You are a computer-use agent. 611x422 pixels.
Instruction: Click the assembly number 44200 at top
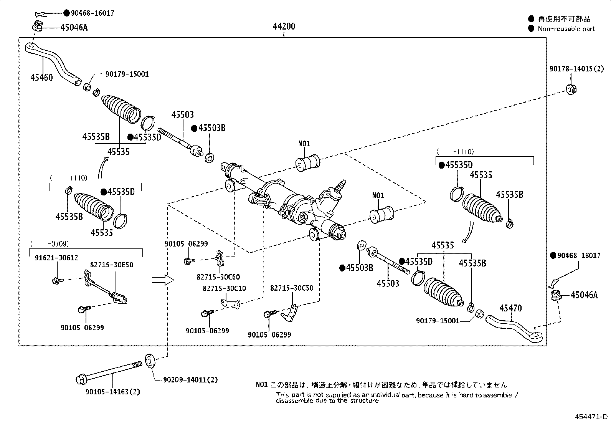pyautogui.click(x=284, y=26)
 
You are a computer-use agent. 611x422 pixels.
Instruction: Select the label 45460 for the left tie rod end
pyautogui.click(x=41, y=77)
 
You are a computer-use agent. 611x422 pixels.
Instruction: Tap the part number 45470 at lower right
pyautogui.click(x=510, y=308)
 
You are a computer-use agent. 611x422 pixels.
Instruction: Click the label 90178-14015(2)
pyautogui.click(x=576, y=69)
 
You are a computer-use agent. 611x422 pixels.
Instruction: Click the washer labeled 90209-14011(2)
pyautogui.click(x=150, y=361)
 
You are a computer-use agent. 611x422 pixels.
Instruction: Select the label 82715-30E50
pyautogui.click(x=112, y=265)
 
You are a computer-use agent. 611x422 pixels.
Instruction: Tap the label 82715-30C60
pyautogui.click(x=218, y=277)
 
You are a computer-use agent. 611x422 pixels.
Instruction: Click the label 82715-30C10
pyautogui.click(x=225, y=288)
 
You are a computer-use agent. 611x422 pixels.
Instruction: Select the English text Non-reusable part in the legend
pyautogui.click(x=566, y=28)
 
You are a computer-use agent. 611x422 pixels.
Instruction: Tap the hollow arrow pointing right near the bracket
pyautogui.click(x=162, y=280)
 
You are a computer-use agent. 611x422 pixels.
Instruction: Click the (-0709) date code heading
pyautogui.click(x=50, y=243)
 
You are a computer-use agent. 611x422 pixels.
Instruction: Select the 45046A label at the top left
pyautogui.click(x=74, y=27)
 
